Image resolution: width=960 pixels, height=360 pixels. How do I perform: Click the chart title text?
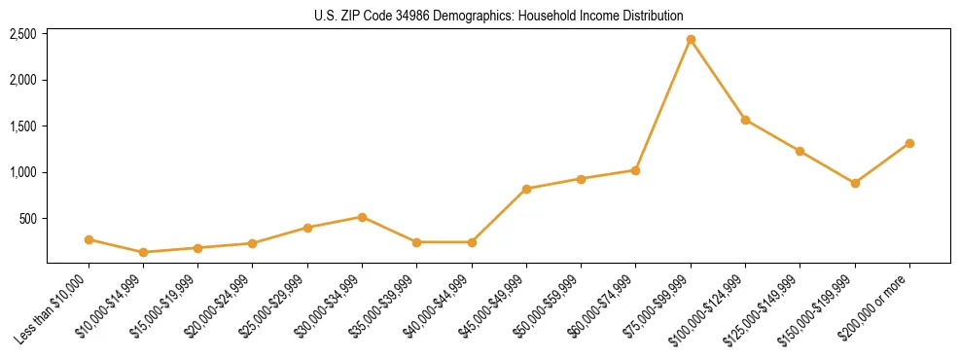tap(499, 17)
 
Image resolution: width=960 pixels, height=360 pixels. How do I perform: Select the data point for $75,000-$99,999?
tap(691, 40)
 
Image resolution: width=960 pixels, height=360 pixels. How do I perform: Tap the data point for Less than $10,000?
tap(89, 239)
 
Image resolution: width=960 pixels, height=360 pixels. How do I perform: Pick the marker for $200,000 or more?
tap(909, 143)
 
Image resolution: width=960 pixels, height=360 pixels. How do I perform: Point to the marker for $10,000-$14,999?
tap(144, 252)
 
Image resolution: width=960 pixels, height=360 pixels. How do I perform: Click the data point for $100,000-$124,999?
tap(745, 120)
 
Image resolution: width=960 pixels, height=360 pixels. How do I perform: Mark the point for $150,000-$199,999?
tap(855, 183)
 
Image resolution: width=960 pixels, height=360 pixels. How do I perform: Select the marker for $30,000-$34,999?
tap(362, 217)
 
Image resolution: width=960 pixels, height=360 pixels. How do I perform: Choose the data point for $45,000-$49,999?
tap(526, 189)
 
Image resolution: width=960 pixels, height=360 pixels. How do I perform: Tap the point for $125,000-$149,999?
tap(800, 151)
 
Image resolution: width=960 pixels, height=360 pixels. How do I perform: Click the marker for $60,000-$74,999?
tap(635, 170)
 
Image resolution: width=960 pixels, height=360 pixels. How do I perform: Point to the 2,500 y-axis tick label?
tap(22, 34)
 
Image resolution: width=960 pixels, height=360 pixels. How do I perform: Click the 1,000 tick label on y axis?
tap(22, 172)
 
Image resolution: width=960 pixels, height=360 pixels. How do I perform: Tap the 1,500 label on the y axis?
tap(22, 126)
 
